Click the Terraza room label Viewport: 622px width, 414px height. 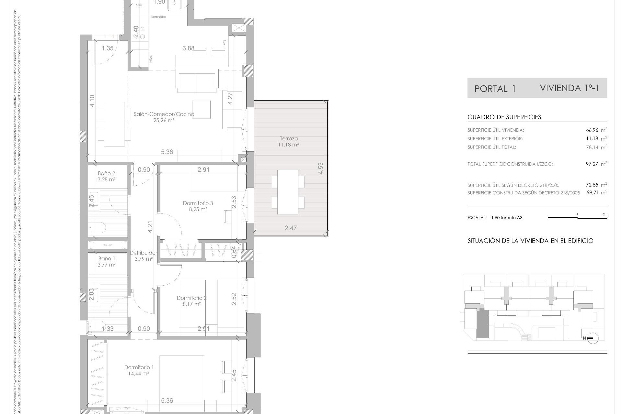coord(289,138)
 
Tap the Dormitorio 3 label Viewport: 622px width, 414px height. coord(198,203)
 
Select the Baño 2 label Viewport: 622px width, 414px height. coord(106,173)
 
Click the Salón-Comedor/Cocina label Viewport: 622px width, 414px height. coord(164,114)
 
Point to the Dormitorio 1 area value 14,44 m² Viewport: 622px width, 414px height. coord(138,374)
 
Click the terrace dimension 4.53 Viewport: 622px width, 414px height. coord(320,169)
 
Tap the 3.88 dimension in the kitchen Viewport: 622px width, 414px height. coord(188,48)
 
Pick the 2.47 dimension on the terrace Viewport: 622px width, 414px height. coord(291,228)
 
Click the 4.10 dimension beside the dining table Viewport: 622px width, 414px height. coord(92,101)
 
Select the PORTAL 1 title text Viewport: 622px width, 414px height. coord(495,89)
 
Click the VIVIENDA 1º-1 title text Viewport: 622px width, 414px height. coord(570,88)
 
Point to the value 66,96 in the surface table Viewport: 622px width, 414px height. coord(592,130)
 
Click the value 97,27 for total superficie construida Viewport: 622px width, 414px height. coord(592,164)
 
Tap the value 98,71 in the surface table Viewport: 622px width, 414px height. coord(593,193)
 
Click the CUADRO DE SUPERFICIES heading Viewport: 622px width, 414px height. coord(504,117)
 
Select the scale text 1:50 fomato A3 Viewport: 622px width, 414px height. coord(507,218)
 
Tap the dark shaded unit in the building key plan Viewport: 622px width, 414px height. coord(483,323)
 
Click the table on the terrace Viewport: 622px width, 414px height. coord(288,192)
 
